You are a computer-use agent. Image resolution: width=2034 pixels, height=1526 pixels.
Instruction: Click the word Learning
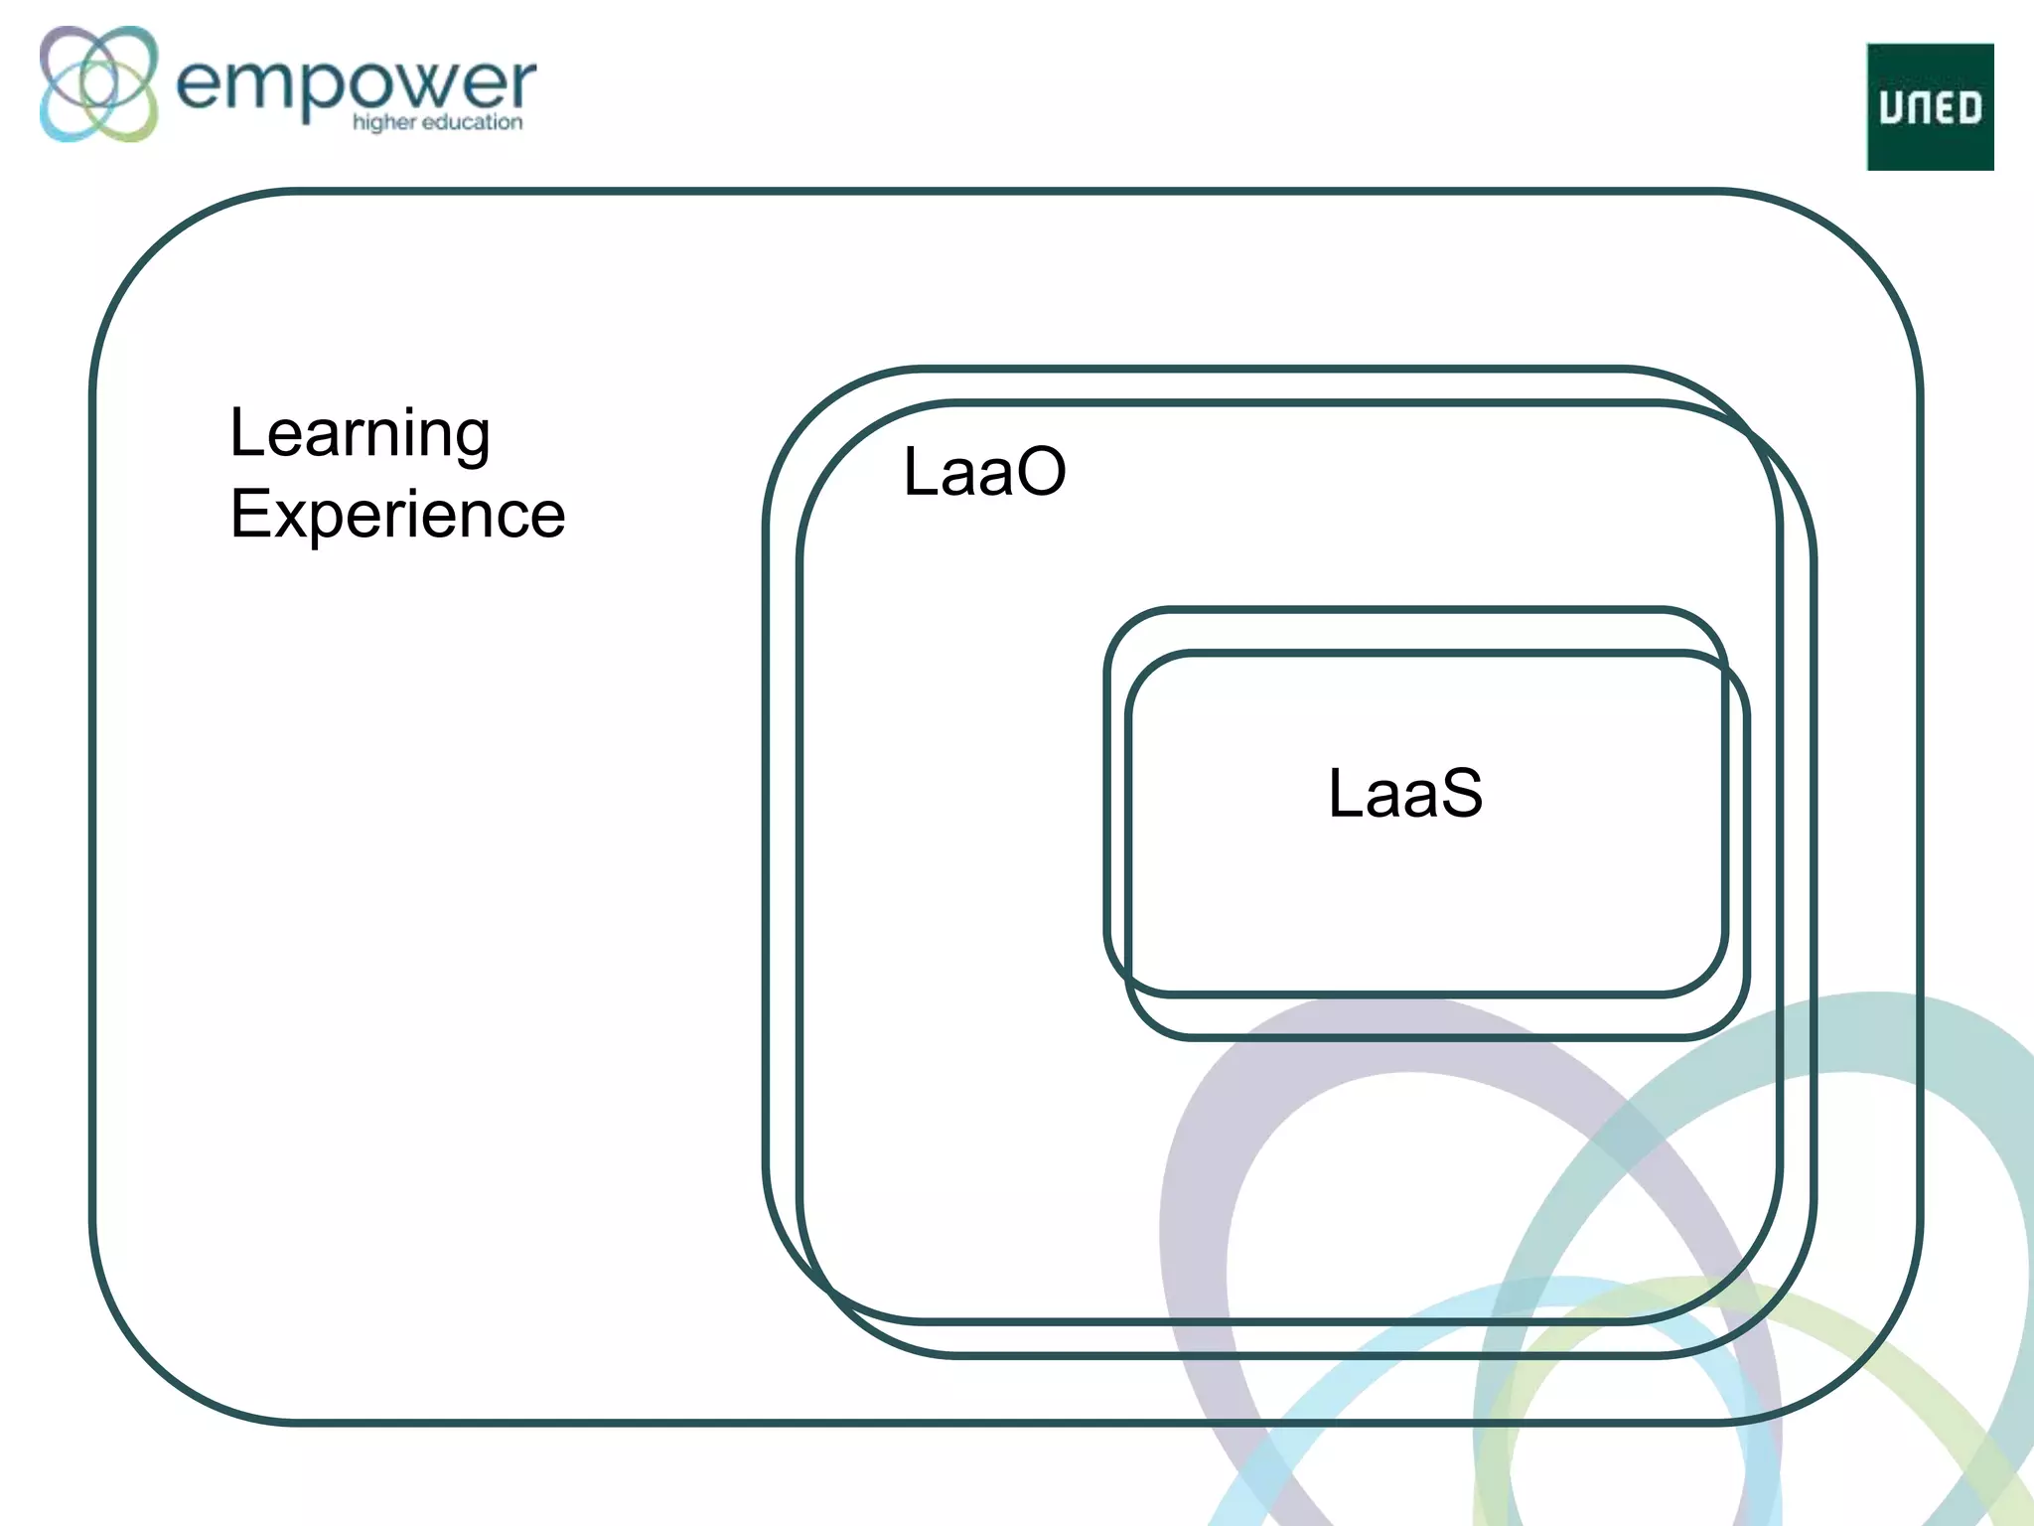[360, 434]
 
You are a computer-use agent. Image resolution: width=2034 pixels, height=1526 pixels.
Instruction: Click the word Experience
[397, 515]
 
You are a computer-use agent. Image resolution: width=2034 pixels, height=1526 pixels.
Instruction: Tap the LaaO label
[983, 471]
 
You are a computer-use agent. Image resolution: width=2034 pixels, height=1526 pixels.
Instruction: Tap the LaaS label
[1404, 793]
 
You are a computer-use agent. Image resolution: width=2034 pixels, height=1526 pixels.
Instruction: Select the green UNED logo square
[1929, 106]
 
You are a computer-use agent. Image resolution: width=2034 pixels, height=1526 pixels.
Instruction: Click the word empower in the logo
[356, 84]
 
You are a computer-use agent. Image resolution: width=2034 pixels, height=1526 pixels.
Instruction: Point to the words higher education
[437, 122]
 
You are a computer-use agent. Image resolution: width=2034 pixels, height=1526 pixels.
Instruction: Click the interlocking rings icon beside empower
[98, 83]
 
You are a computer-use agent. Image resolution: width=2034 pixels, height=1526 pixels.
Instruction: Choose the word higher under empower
[383, 123]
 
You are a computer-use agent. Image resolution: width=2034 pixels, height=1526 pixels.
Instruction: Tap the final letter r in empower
[522, 83]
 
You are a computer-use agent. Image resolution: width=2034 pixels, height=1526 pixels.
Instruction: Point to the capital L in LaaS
[1344, 793]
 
